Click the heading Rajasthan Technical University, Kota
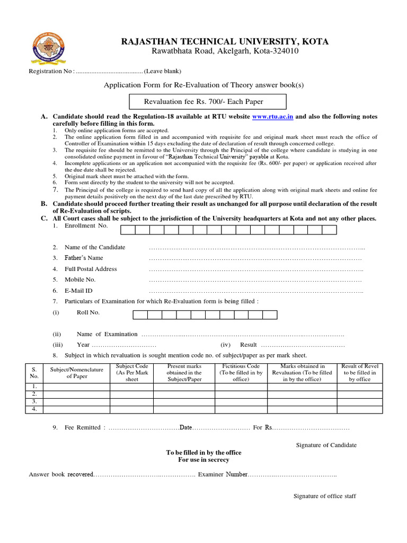225,41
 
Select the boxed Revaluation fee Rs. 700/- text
208,102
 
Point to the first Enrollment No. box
128,230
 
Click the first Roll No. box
140,314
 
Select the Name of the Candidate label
95,247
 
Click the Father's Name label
84,258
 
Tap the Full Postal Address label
91,269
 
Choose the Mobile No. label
80,279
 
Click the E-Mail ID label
78,291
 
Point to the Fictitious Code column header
241,373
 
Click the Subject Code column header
131,373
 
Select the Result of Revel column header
360,373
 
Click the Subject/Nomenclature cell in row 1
76,387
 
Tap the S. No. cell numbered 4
34,409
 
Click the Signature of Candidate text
326,445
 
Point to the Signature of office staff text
325,496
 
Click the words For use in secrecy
203,460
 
